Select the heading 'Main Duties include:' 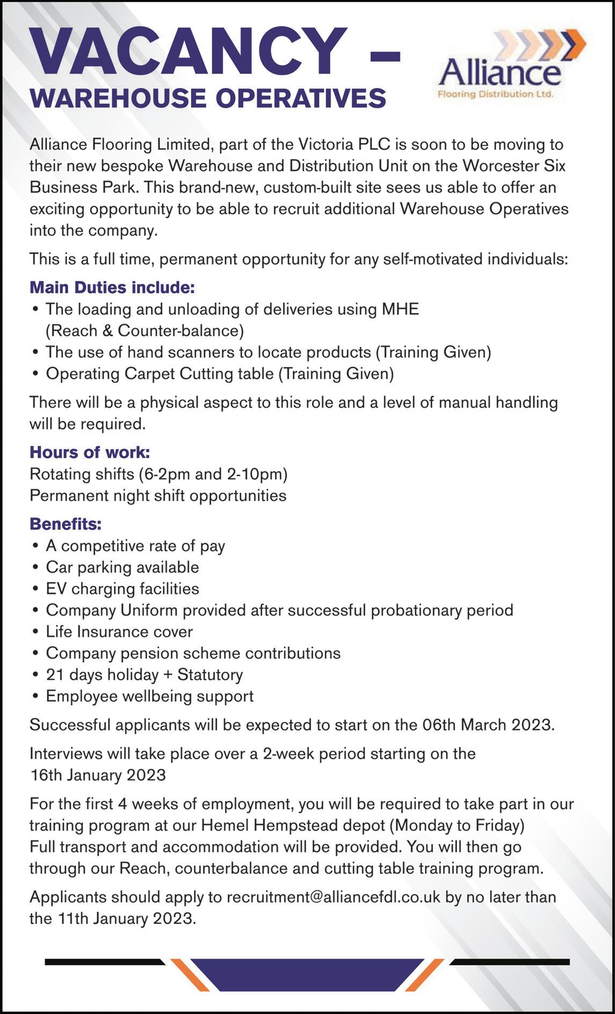click(112, 288)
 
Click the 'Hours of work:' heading click(90, 452)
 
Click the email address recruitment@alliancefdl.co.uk click(333, 897)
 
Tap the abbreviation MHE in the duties click(400, 309)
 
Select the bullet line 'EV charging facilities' click(122, 589)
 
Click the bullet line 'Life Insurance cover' click(119, 631)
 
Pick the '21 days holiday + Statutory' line click(144, 674)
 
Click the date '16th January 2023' click(98, 775)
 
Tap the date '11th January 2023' click(125, 919)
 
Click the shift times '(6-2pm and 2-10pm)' click(213, 474)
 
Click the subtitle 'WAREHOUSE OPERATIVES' click(208, 98)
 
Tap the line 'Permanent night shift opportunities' click(158, 495)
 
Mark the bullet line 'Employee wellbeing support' click(149, 696)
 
